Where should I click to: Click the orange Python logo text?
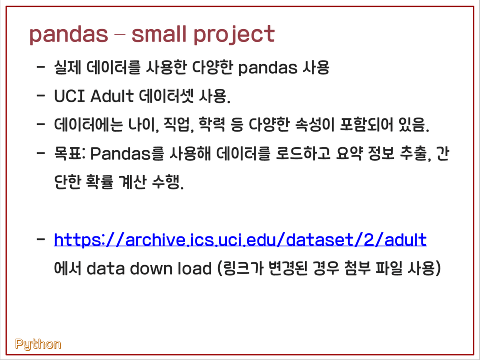point(38,344)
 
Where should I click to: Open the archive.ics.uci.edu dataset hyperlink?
point(240,240)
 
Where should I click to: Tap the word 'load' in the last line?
point(193,268)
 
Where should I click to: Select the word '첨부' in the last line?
point(356,268)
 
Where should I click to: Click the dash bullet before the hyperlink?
point(41,240)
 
